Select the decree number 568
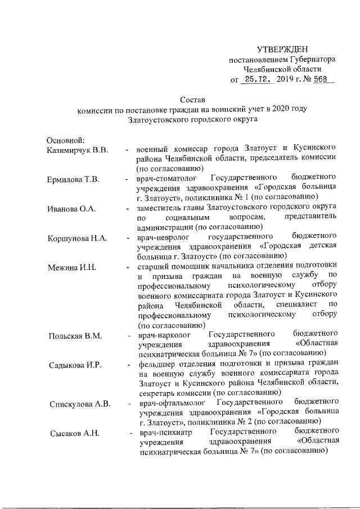pyautogui.click(x=321, y=79)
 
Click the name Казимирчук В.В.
pyautogui.click(x=77, y=150)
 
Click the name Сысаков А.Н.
pyautogui.click(x=73, y=434)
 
